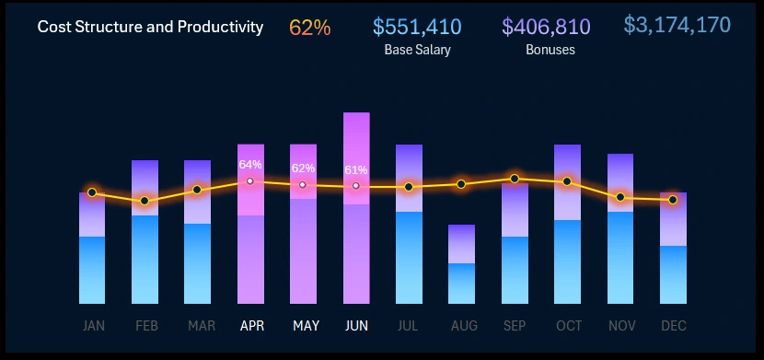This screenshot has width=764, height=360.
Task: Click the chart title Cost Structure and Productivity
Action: (150, 27)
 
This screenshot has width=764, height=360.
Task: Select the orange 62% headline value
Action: (309, 28)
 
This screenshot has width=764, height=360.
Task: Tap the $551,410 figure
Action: (417, 28)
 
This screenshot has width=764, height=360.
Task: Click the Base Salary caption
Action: (417, 50)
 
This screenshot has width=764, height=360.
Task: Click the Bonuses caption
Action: (550, 50)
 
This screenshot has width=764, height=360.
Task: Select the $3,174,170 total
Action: (677, 25)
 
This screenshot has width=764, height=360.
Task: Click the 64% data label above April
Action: (250, 164)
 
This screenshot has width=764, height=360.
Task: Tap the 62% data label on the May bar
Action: (303, 168)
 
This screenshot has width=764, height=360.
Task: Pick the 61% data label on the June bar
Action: (356, 170)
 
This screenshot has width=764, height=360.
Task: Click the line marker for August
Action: (461, 184)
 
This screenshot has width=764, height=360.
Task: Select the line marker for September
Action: (515, 179)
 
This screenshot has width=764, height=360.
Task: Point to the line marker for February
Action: (145, 201)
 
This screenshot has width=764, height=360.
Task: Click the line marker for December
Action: (673, 200)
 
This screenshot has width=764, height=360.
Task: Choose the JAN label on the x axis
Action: (93, 326)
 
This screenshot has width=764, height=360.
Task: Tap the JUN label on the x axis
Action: (356, 326)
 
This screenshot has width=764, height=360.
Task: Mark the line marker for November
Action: (620, 197)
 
